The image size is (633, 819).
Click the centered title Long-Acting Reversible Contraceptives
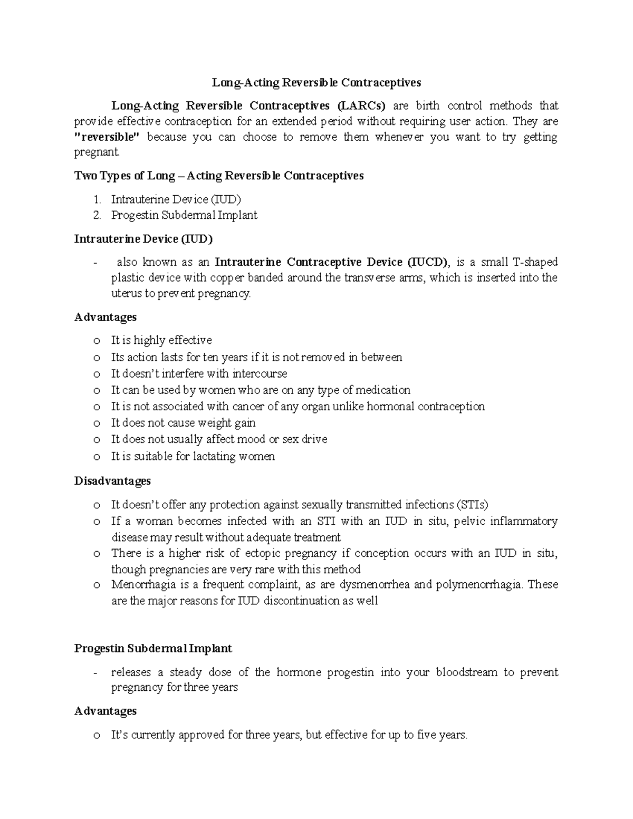pos(316,82)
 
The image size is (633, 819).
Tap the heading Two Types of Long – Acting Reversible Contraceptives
pos(219,176)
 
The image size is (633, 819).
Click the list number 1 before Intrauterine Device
pos(96,199)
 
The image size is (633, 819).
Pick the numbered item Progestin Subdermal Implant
pos(184,215)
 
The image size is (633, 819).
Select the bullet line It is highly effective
pos(161,340)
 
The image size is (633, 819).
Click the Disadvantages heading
pos(112,481)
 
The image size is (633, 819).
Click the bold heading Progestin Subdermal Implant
pos(153,648)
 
